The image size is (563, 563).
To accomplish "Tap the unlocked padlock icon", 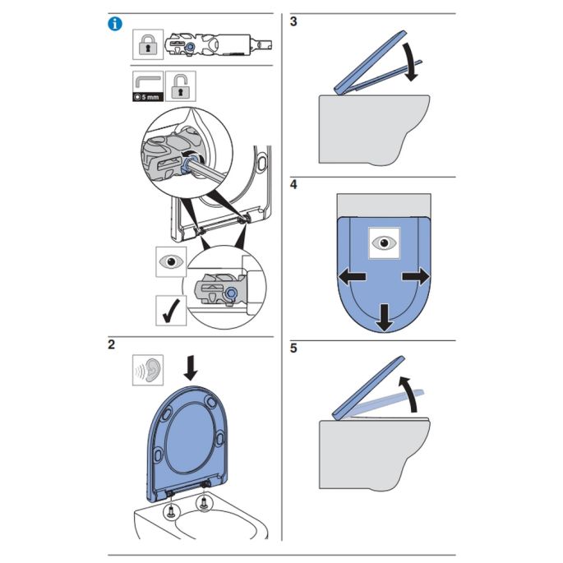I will point(178,85).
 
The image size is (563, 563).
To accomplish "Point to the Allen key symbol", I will point(145,82).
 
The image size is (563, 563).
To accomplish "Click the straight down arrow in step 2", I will point(192,367).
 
